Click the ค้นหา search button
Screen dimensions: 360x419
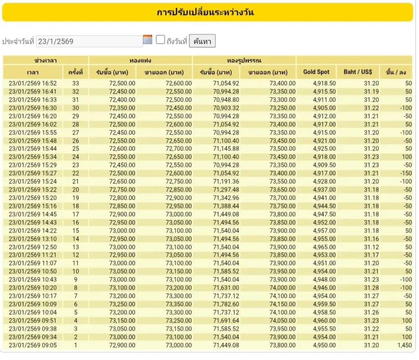coord(202,41)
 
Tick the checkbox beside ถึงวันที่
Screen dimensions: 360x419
coord(160,40)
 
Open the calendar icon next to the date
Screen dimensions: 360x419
coord(147,40)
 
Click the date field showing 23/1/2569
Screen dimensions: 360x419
coord(90,41)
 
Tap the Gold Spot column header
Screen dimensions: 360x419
coord(316,72)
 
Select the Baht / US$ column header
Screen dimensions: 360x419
coord(358,72)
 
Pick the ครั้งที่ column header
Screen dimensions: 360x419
coord(75,72)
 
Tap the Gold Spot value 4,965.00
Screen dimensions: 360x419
coord(324,247)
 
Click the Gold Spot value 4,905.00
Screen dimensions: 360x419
coord(324,108)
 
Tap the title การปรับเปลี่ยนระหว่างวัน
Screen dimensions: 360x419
coord(205,12)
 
